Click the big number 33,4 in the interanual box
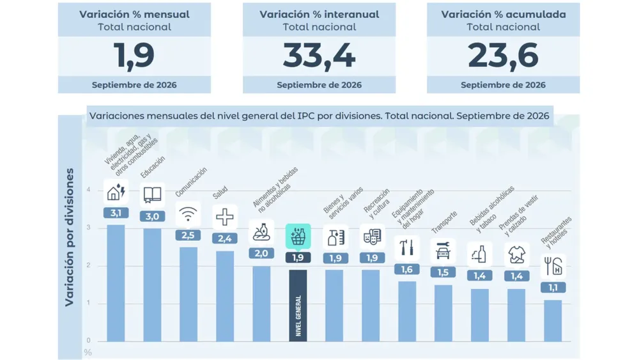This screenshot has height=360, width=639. click(x=319, y=56)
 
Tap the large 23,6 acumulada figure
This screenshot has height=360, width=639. click(x=503, y=56)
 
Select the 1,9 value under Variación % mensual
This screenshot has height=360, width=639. click(x=134, y=56)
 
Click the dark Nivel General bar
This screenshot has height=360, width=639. click(x=298, y=306)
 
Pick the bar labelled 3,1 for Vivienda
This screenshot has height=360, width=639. click(x=116, y=283)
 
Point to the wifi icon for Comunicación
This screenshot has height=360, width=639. click(x=188, y=214)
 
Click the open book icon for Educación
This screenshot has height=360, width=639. click(x=153, y=195)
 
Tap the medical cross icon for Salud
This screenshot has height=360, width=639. click(x=224, y=217)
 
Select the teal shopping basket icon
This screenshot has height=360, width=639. click(x=298, y=236)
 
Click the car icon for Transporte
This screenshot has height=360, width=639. click(x=443, y=251)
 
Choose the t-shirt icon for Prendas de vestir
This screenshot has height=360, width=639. click(x=517, y=254)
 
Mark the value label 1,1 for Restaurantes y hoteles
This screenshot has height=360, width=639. click(x=553, y=288)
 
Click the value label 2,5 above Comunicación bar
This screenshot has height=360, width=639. click(x=188, y=235)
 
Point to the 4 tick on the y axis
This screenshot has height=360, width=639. click(x=88, y=189)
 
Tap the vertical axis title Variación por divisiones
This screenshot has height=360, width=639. click(x=70, y=237)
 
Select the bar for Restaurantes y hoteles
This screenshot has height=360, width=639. click(x=553, y=321)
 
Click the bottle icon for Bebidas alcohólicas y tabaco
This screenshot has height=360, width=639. click(x=480, y=254)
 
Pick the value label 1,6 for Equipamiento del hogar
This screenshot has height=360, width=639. click(x=406, y=269)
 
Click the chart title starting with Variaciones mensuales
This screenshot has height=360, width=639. click(x=319, y=116)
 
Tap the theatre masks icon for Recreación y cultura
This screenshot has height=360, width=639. click(x=372, y=237)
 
